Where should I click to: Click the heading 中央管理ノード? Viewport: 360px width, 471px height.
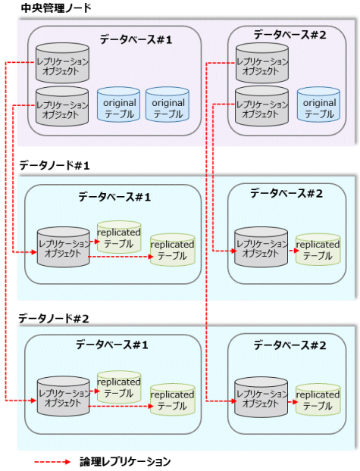pyautogui.click(x=55, y=8)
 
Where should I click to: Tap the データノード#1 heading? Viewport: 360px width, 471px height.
pyautogui.click(x=55, y=165)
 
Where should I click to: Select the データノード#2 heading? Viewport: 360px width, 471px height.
pyautogui.click(x=54, y=318)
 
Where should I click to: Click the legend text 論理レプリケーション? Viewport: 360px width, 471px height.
pyautogui.click(x=125, y=462)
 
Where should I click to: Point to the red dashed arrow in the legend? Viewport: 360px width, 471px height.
pyautogui.click(x=52, y=462)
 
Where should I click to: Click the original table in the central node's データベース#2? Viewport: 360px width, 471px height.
pyautogui.click(x=318, y=104)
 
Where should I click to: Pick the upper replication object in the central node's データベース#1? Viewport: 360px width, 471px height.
pyautogui.click(x=62, y=63)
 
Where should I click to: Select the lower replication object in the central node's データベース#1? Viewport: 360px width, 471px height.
pyautogui.click(x=62, y=106)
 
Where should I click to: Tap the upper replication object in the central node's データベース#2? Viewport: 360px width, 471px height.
pyautogui.click(x=262, y=63)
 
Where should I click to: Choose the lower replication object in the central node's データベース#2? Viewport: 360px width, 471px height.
pyautogui.click(x=261, y=106)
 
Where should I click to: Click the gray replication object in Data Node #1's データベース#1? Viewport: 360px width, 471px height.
pyautogui.click(x=63, y=247)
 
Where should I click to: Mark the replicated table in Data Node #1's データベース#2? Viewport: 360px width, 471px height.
pyautogui.click(x=318, y=250)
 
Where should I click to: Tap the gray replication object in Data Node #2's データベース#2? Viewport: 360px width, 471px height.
pyautogui.click(x=261, y=398)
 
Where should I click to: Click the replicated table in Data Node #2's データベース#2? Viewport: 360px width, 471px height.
pyautogui.click(x=318, y=400)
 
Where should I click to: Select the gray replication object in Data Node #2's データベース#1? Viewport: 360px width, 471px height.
pyautogui.click(x=63, y=397)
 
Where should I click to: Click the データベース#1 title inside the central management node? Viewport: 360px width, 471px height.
pyautogui.click(x=136, y=39)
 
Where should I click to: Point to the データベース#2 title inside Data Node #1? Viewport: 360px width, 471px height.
pyautogui.click(x=286, y=193)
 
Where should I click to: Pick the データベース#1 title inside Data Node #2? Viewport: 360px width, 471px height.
pyautogui.click(x=112, y=345)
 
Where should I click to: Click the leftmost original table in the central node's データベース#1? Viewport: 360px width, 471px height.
pyautogui.click(x=118, y=104)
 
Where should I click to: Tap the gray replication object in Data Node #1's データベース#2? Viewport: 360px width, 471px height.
pyautogui.click(x=261, y=247)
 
